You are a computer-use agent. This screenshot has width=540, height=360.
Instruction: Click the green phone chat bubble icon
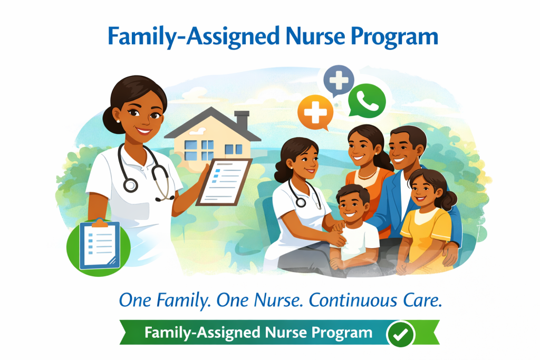coord(367,101)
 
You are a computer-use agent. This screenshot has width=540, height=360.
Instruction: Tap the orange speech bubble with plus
coord(315,113)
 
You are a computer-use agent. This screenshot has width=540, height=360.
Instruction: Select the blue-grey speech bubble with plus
coord(339,80)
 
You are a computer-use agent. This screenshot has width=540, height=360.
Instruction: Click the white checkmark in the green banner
coord(401,334)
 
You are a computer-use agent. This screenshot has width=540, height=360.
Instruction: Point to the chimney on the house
coord(242,121)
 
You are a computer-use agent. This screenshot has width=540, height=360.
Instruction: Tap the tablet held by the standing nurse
coord(224,182)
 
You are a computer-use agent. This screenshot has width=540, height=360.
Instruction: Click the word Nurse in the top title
coord(315,36)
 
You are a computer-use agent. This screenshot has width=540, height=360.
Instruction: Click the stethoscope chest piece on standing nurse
coord(131,185)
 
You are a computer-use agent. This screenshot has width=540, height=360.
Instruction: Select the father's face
coord(403,150)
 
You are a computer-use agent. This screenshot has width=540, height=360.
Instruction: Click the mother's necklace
coord(367,174)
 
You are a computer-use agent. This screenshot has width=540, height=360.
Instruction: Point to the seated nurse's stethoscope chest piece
coord(301,202)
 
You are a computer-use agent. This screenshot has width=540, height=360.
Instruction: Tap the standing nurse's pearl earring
coord(118,121)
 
